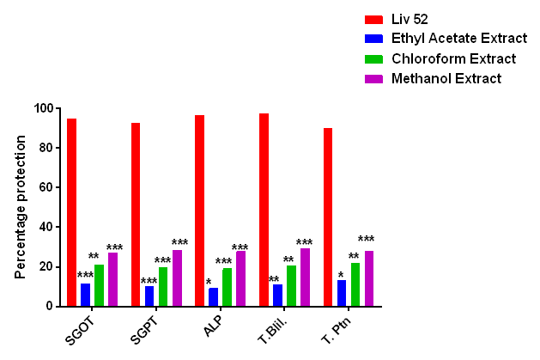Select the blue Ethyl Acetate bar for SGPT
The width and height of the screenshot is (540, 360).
[x=149, y=296]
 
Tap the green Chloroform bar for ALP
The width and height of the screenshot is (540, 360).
[x=227, y=287]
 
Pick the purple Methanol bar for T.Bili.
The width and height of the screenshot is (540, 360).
[x=305, y=277]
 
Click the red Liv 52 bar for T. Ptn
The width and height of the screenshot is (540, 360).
[x=328, y=217]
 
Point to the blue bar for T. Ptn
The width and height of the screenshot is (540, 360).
[x=342, y=293]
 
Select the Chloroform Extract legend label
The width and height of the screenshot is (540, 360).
[x=453, y=58]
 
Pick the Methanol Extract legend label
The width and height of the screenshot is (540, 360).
[x=446, y=78]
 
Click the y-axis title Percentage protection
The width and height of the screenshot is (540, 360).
[x=20, y=206]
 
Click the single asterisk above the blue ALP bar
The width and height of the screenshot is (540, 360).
[x=209, y=282]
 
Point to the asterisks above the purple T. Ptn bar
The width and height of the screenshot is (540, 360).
[x=367, y=240]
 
